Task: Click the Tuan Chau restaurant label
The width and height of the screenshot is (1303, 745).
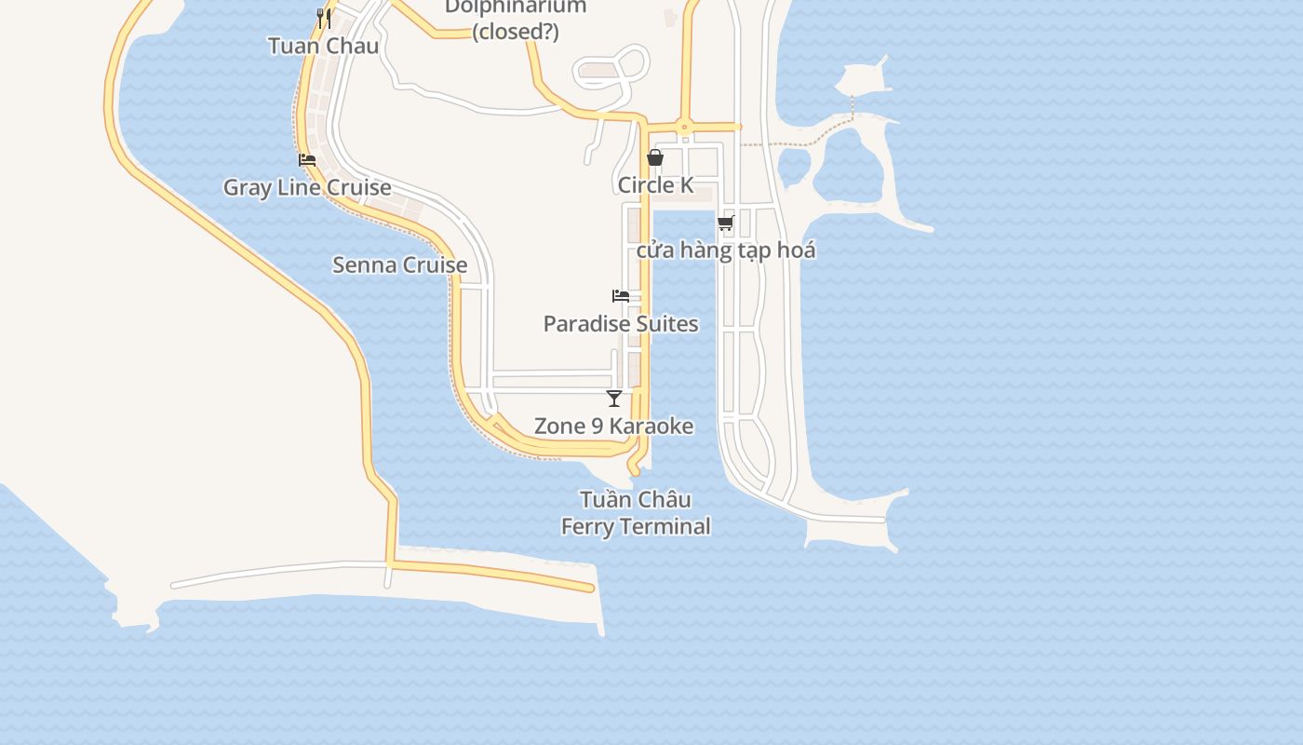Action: (x=323, y=46)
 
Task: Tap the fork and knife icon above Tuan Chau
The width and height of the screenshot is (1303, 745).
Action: (x=323, y=17)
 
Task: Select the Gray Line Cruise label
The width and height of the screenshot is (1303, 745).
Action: (x=307, y=187)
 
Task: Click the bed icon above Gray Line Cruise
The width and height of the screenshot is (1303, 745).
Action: (x=307, y=160)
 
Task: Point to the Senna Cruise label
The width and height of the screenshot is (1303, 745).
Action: (x=400, y=264)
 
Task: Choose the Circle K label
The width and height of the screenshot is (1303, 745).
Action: (x=655, y=185)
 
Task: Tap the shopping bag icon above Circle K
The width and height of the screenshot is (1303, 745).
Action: (x=655, y=157)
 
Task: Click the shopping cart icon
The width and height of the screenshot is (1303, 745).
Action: (x=726, y=223)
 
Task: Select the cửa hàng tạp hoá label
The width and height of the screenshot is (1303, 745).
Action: (x=726, y=251)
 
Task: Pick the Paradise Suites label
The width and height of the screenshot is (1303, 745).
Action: (x=621, y=324)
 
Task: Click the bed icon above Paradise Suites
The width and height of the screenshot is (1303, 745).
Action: (x=621, y=296)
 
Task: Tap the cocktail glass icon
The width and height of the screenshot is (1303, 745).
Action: (x=614, y=399)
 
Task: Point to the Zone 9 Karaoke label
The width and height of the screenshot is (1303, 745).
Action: (x=614, y=427)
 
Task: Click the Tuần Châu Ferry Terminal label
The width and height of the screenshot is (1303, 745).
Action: (x=636, y=513)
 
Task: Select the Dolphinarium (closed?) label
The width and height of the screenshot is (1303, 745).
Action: (x=515, y=19)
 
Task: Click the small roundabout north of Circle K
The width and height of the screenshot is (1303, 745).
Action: (x=684, y=127)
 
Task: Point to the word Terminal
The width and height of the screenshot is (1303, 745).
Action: (x=667, y=526)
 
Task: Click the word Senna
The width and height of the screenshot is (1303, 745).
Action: (x=361, y=264)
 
